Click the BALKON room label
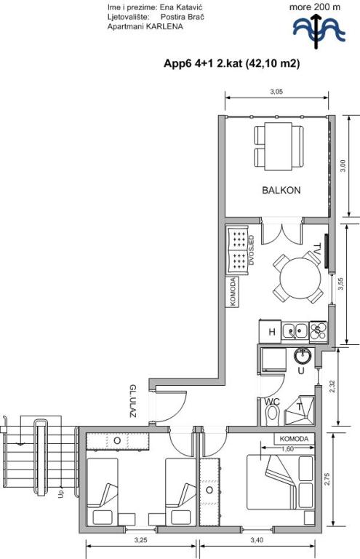(x=281, y=190)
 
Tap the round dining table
(x=300, y=278)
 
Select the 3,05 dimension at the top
(x=276, y=92)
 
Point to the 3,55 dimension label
(x=341, y=284)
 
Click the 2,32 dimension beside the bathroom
(x=332, y=387)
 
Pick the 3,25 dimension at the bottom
(x=140, y=540)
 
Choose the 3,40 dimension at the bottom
(x=257, y=540)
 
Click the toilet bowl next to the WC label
(x=273, y=414)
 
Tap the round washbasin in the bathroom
(x=303, y=355)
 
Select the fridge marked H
(x=271, y=332)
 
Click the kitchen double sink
(x=295, y=332)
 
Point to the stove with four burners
(x=319, y=332)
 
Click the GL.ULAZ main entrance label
(x=133, y=401)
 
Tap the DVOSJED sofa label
(x=252, y=250)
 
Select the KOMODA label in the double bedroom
(x=294, y=439)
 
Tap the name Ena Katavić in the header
(x=182, y=7)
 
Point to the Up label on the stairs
(x=61, y=494)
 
